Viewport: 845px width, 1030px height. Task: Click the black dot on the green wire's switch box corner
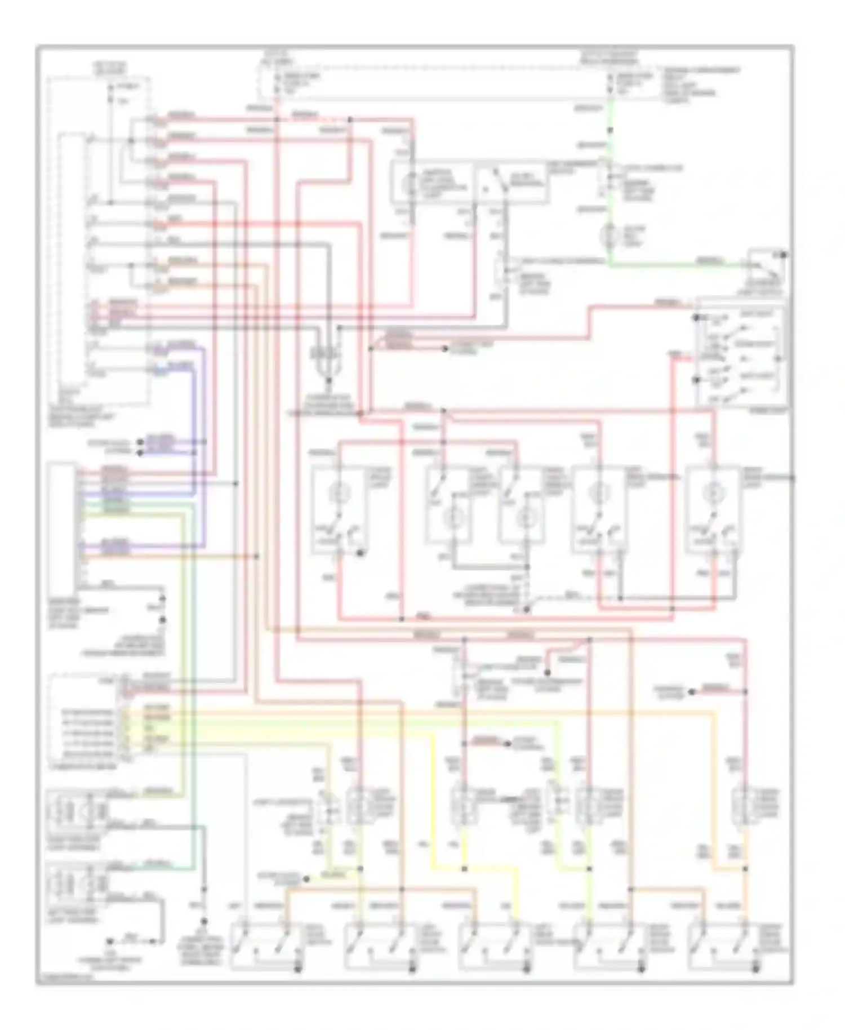tap(784, 255)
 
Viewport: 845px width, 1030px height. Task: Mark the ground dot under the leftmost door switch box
tap(298, 969)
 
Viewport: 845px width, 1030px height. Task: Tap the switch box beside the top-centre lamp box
tap(509, 184)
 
